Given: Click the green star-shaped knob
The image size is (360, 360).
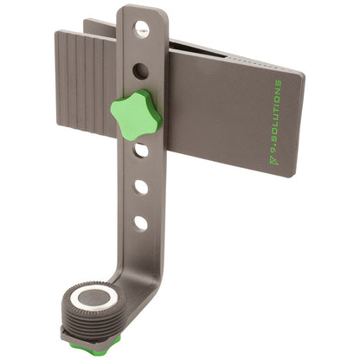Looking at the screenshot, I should [x=135, y=112].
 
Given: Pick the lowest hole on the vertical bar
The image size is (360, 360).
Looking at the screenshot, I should [x=140, y=222].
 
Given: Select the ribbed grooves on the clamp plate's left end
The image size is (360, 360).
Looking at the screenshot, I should [x=87, y=77].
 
